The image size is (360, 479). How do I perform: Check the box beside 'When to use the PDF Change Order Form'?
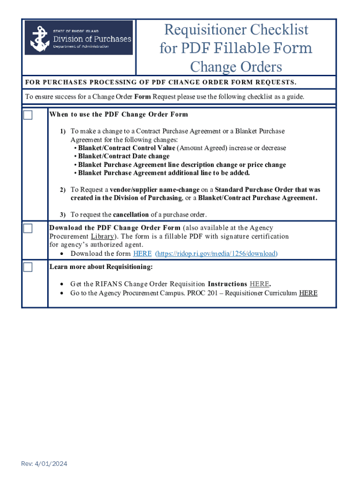click(x=28, y=115)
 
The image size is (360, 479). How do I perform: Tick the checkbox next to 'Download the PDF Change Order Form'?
click(x=28, y=228)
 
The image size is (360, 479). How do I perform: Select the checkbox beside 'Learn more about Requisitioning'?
click(x=28, y=267)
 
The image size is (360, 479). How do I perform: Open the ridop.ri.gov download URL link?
click(x=216, y=254)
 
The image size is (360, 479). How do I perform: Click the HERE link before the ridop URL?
click(x=142, y=254)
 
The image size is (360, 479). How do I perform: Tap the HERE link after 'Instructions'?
click(x=259, y=284)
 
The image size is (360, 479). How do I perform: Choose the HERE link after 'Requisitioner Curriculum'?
click(x=308, y=293)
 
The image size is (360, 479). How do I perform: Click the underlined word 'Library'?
click(x=102, y=236)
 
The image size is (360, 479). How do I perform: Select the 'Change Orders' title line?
click(x=236, y=67)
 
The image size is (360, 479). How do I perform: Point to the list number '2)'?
click(x=62, y=190)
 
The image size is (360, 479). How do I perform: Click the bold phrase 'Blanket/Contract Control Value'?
click(x=126, y=148)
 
